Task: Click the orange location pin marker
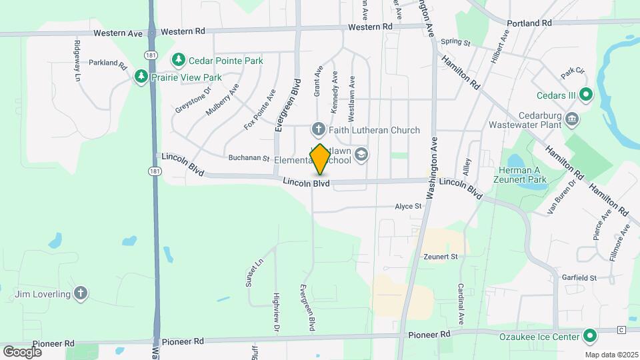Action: pos(320,159)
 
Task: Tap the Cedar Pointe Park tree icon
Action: pos(179,61)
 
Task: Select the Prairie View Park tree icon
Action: pos(141,77)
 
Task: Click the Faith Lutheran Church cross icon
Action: pos(319,129)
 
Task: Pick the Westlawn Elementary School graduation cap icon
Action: pos(361,155)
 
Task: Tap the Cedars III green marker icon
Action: pos(586,95)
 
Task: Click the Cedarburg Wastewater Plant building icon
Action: pos(571,119)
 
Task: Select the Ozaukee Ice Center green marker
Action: pos(589,337)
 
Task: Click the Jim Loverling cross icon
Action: pos(81,293)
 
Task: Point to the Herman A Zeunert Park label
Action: pos(527,175)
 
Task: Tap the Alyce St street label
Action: pos(408,207)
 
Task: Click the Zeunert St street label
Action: pos(441,256)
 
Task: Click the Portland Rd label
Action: pos(529,23)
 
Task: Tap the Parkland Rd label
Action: pos(107,65)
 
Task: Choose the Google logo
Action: pos(22,351)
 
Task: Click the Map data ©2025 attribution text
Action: pos(611,354)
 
